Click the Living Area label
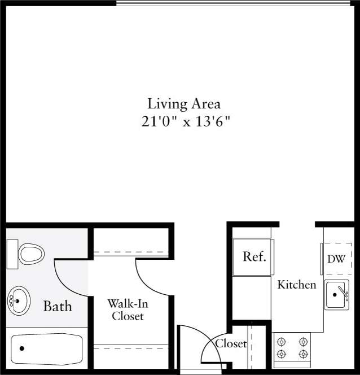(x=183, y=104)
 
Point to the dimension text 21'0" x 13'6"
(x=186, y=121)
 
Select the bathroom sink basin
(x=18, y=300)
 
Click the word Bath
(x=58, y=307)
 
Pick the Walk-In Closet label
(x=128, y=309)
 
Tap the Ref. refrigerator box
(x=254, y=256)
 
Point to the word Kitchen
(x=296, y=284)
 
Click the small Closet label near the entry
(x=231, y=343)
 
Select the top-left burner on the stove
(x=282, y=342)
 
